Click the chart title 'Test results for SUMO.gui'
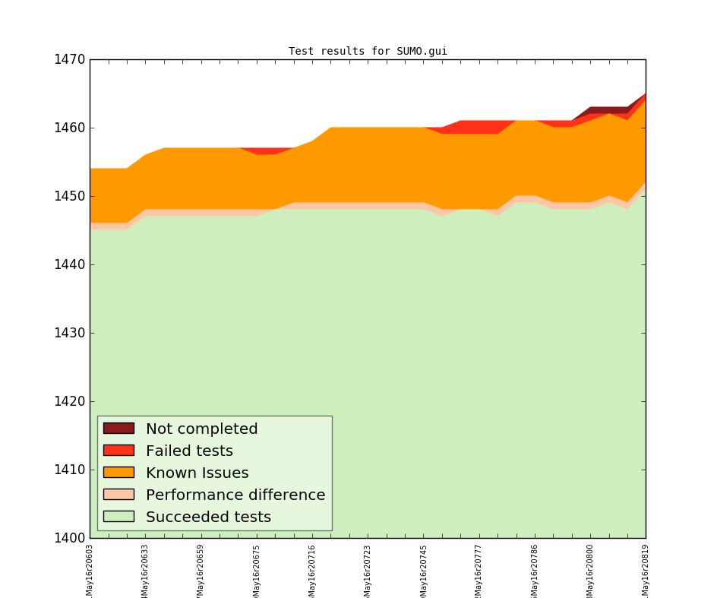click(368, 52)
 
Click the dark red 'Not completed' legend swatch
click(118, 429)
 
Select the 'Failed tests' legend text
click(189, 451)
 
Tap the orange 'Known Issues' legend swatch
click(118, 473)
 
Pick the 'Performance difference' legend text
click(235, 495)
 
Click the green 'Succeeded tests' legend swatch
click(118, 517)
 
